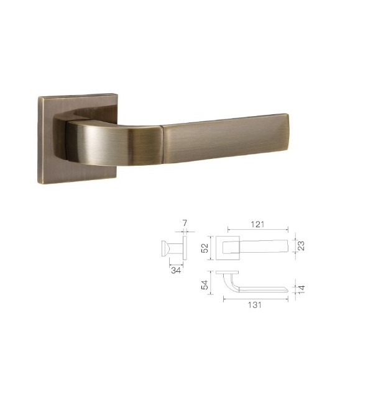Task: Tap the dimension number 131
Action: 254,305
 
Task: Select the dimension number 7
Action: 185,222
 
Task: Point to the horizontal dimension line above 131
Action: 255,299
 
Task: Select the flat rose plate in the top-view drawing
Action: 227,273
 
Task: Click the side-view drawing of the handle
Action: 174,250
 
